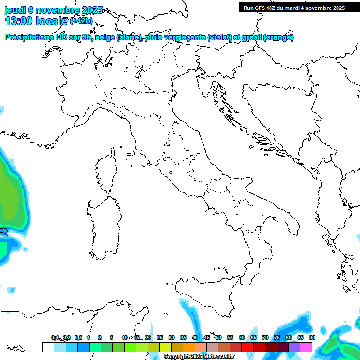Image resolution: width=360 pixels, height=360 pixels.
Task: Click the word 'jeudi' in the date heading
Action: point(15,10)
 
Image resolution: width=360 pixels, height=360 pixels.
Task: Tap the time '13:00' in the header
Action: point(18,21)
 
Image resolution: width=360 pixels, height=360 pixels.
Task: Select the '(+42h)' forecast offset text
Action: point(81,22)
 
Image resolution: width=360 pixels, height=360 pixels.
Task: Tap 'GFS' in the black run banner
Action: point(264,8)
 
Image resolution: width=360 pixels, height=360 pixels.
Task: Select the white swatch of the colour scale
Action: point(48,347)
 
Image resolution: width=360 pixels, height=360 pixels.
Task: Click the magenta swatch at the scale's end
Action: point(306,347)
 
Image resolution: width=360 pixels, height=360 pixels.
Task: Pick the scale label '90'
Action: point(312,337)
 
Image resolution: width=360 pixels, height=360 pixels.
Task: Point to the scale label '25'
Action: point(160,337)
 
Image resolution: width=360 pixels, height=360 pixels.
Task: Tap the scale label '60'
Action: point(241,337)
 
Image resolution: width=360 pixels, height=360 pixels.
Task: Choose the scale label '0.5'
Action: point(78,337)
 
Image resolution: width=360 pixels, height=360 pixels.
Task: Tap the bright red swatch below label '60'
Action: point(247,347)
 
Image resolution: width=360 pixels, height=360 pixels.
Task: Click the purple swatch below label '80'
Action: point(294,347)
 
